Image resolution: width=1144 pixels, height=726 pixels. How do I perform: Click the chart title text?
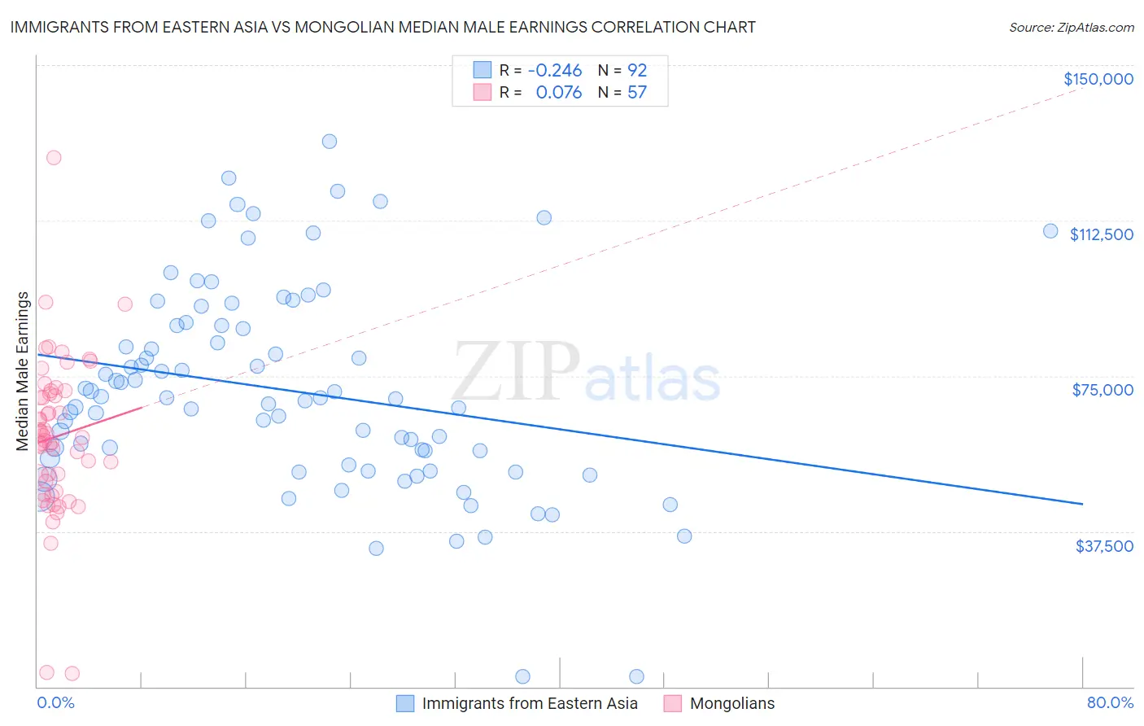[x=382, y=27]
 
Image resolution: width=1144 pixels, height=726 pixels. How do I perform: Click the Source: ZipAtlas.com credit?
[x=1071, y=27]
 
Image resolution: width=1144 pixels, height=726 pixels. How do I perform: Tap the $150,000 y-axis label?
[x=1098, y=79]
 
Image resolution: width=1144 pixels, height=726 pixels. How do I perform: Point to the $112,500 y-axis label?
[x=1101, y=234]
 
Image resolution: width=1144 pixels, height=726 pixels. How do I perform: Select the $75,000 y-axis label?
[x=1103, y=390]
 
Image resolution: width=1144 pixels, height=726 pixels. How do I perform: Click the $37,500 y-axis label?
[x=1103, y=546]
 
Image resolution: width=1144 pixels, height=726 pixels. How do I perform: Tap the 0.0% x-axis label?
[x=55, y=702]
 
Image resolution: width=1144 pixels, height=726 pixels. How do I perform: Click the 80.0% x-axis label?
[x=1110, y=702]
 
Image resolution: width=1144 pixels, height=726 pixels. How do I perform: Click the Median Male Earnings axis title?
[x=23, y=371]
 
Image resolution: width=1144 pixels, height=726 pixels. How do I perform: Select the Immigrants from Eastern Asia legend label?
[x=529, y=703]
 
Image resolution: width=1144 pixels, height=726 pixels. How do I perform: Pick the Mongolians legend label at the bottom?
[x=731, y=703]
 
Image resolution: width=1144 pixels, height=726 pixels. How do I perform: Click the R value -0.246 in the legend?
[x=555, y=71]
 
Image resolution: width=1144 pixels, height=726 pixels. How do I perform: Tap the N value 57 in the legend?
[x=636, y=93]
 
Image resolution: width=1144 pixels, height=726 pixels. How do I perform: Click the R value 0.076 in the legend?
[x=558, y=93]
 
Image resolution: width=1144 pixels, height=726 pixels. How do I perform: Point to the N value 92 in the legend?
[x=636, y=71]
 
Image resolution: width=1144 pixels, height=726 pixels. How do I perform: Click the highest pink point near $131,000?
[x=54, y=158]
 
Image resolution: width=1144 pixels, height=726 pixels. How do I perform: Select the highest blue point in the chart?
[x=330, y=142]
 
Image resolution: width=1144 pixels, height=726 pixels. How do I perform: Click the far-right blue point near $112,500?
[x=1050, y=231]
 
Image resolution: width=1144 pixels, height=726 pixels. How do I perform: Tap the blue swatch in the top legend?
[x=482, y=70]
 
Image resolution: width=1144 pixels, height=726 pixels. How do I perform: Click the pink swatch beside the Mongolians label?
[x=672, y=703]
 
